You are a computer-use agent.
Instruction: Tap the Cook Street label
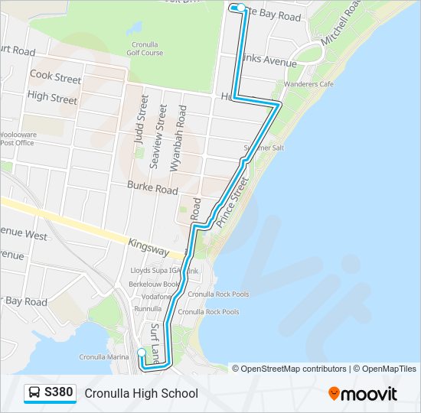click(x=55, y=78)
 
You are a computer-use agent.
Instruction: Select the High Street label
click(x=52, y=99)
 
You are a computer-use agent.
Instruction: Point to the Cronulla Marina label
click(x=104, y=356)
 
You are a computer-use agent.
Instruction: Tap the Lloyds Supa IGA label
click(x=157, y=272)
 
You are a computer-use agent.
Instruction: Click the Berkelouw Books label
click(x=155, y=284)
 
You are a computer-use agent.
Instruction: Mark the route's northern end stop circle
click(x=241, y=8)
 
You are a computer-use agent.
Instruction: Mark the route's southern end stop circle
click(x=141, y=353)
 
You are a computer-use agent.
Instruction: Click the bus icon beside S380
click(x=34, y=393)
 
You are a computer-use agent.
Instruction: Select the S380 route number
click(x=59, y=393)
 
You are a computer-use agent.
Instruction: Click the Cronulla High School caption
click(x=141, y=393)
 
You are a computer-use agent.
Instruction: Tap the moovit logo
click(x=363, y=393)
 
